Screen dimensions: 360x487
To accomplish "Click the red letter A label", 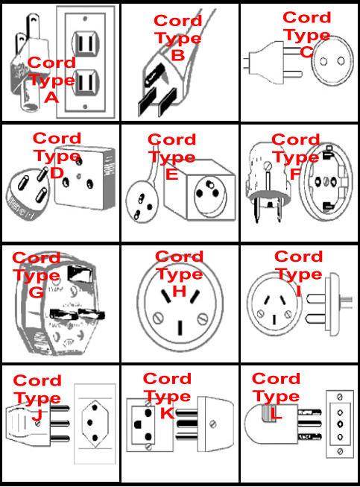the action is (51, 98).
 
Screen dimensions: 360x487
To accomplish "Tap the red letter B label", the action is (178, 55).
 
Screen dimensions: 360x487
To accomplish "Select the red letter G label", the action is (36, 292).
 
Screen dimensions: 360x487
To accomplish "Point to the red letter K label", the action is (167, 413).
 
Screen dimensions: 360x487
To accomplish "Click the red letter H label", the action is (180, 291).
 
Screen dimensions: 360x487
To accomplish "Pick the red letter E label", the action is (172, 175).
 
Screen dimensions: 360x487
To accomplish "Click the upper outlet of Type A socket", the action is (86, 43).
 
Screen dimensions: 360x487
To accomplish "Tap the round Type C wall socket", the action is (332, 61).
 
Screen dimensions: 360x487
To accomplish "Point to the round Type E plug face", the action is (142, 202).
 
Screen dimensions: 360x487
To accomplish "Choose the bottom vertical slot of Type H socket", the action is (180, 328).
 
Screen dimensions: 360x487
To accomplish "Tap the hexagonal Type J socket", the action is (95, 423).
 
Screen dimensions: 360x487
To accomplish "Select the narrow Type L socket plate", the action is (340, 424).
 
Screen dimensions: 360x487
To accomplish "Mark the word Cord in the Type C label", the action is (307, 17).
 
